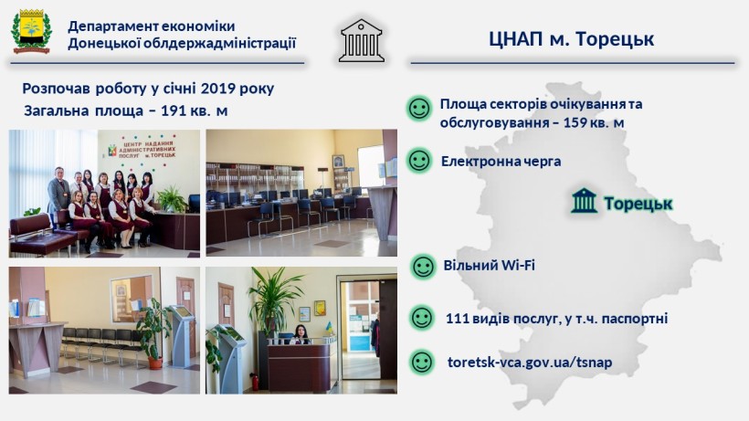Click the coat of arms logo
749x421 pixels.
(x=31, y=31)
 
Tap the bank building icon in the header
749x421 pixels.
(x=362, y=40)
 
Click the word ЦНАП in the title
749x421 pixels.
(x=516, y=38)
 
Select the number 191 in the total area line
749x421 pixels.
(x=173, y=111)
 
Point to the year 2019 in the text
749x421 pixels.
(x=217, y=89)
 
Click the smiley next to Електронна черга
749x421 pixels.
(x=419, y=161)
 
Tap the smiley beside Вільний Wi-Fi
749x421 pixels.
(x=423, y=267)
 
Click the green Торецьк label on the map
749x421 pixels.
(x=638, y=204)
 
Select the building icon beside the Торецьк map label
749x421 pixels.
(x=584, y=201)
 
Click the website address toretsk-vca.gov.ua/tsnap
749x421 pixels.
(x=530, y=363)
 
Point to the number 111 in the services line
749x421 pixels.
(x=456, y=319)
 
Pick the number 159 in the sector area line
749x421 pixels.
(x=575, y=122)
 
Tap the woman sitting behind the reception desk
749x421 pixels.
(x=301, y=334)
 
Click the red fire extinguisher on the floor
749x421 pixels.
(x=256, y=383)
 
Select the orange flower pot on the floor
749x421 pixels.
(x=154, y=363)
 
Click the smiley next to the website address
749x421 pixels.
(x=422, y=363)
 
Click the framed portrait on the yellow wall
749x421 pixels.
(x=339, y=162)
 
